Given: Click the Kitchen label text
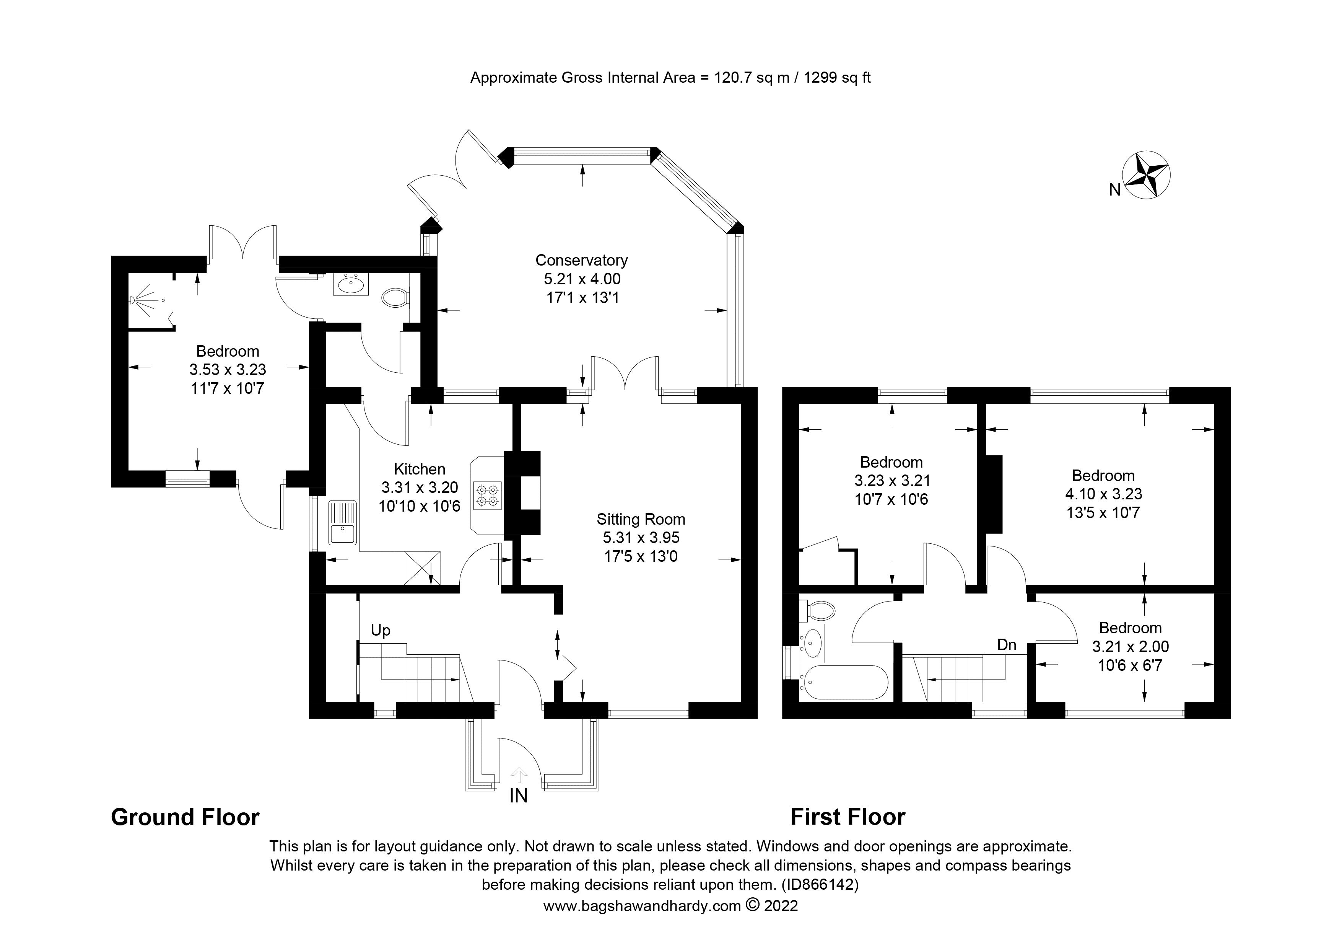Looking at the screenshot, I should pyautogui.click(x=419, y=468).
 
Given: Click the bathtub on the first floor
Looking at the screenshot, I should pyautogui.click(x=844, y=682).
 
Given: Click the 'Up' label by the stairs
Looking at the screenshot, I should pyautogui.click(x=381, y=630).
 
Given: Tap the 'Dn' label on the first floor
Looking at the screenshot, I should pyautogui.click(x=1007, y=645).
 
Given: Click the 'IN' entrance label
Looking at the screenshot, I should pyautogui.click(x=519, y=796).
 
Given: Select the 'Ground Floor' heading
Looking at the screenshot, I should pyautogui.click(x=185, y=817).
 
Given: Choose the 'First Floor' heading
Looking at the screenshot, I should pyautogui.click(x=847, y=817).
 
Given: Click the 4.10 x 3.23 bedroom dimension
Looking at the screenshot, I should pyautogui.click(x=1103, y=494).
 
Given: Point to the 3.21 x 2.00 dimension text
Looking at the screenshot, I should pyautogui.click(x=1130, y=646).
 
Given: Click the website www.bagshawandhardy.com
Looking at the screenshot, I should pyautogui.click(x=642, y=906).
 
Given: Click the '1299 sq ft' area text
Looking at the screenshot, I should pyautogui.click(x=837, y=78).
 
